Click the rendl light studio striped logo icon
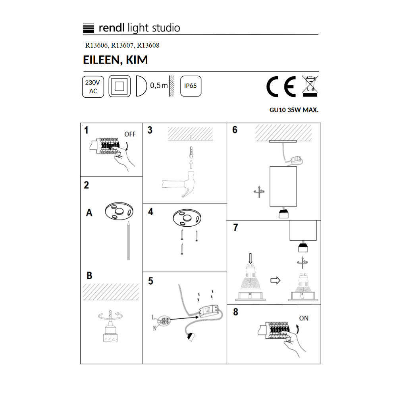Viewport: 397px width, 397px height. pos(89,28)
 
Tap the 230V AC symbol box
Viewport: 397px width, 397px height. pos(93,87)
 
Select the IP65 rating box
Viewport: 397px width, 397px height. pos(191,86)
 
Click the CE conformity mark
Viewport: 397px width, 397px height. pos(281,86)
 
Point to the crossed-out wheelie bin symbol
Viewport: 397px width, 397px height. pos(310,86)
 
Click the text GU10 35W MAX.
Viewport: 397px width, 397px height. pos(294,110)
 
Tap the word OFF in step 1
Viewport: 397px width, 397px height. pos(130,134)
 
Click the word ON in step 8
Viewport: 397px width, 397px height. pos(304,318)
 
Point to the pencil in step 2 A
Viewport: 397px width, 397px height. pos(128,241)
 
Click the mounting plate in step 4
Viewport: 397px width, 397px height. pos(187,218)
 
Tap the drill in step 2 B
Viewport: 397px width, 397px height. pos(110,327)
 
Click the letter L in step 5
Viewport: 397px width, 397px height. pos(153,317)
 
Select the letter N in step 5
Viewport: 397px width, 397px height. pos(154,328)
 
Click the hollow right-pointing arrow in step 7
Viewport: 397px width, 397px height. pos(275,280)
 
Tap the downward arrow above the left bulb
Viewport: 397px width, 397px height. pos(251,258)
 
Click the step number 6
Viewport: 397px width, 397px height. pos(235,130)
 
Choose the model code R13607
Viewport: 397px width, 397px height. pos(122,45)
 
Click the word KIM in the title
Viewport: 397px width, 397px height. pos(137,60)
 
